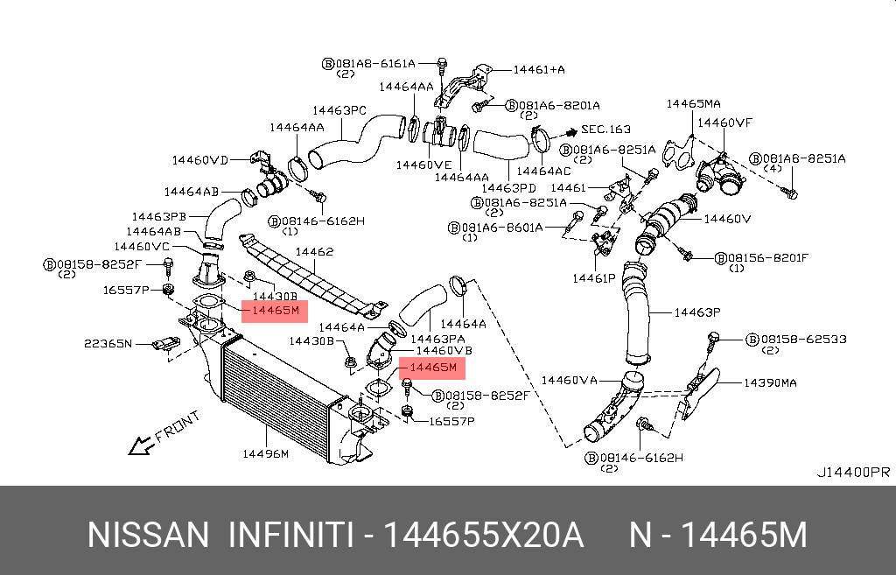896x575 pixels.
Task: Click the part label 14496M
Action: click(x=266, y=453)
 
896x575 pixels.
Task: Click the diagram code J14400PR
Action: click(x=853, y=472)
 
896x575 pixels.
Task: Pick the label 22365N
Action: click(x=108, y=343)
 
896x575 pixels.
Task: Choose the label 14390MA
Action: click(x=770, y=383)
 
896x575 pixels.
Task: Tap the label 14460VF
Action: click(x=724, y=123)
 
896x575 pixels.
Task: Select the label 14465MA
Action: click(x=693, y=103)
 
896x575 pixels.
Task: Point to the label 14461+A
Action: click(x=538, y=68)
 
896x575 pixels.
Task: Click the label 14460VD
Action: click(x=199, y=160)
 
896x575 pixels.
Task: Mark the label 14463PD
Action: click(x=508, y=187)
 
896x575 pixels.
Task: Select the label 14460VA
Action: click(x=569, y=380)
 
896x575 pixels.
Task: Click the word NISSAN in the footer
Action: click(x=149, y=534)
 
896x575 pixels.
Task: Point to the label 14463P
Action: click(x=697, y=312)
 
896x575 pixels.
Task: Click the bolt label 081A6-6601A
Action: click(x=501, y=228)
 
